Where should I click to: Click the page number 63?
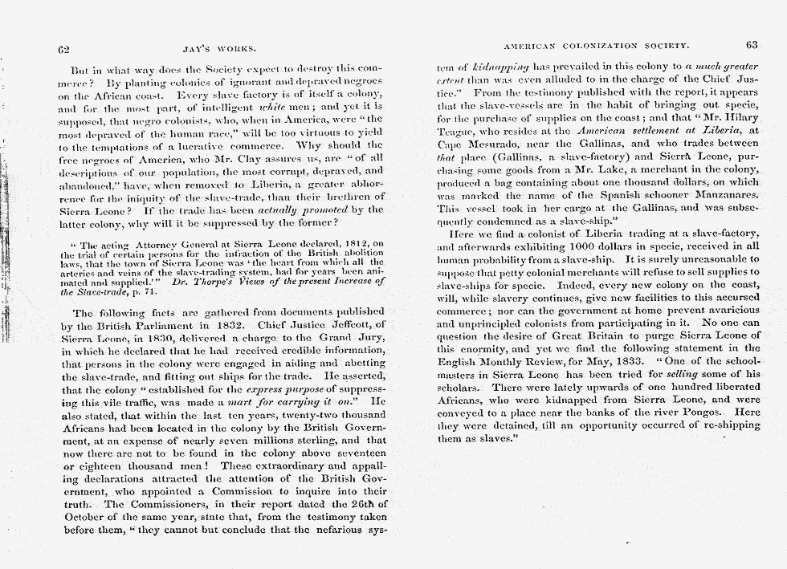[752, 46]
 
